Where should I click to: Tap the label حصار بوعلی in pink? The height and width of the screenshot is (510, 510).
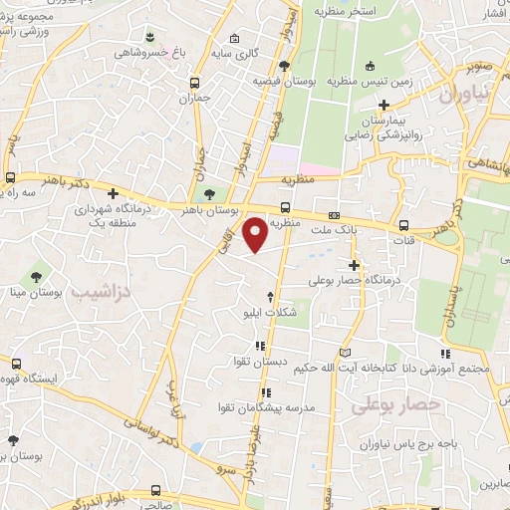tap(395, 404)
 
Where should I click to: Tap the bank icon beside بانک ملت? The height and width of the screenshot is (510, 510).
tap(334, 215)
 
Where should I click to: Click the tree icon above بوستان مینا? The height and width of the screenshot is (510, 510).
tap(37, 276)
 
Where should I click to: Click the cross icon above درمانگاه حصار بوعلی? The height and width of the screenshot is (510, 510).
tap(355, 264)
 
